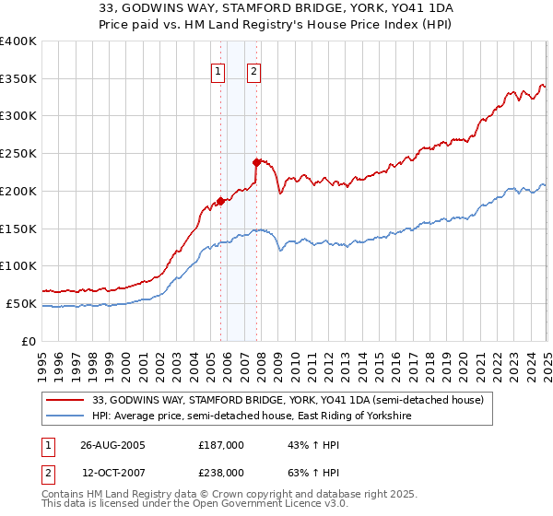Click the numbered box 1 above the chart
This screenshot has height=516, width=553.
click(218, 72)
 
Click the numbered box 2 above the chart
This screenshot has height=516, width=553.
click(253, 72)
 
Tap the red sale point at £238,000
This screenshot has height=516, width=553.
click(256, 162)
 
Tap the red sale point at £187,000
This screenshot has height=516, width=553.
click(220, 200)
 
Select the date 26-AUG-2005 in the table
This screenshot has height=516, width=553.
click(112, 445)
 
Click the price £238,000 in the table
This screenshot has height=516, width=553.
click(221, 472)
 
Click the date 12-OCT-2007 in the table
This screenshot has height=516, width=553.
click(112, 472)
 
